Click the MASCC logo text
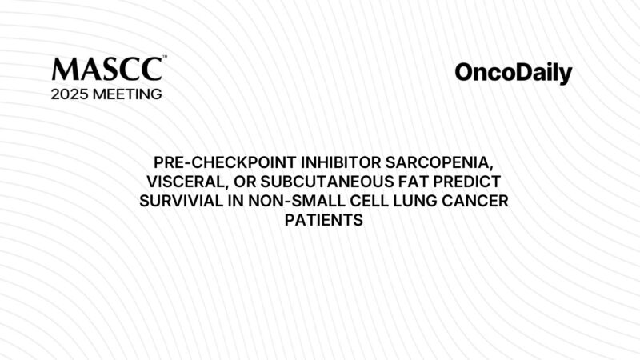pyautogui.click(x=107, y=69)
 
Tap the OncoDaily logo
pyautogui.click(x=514, y=74)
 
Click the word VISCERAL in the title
pyautogui.click(x=188, y=182)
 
